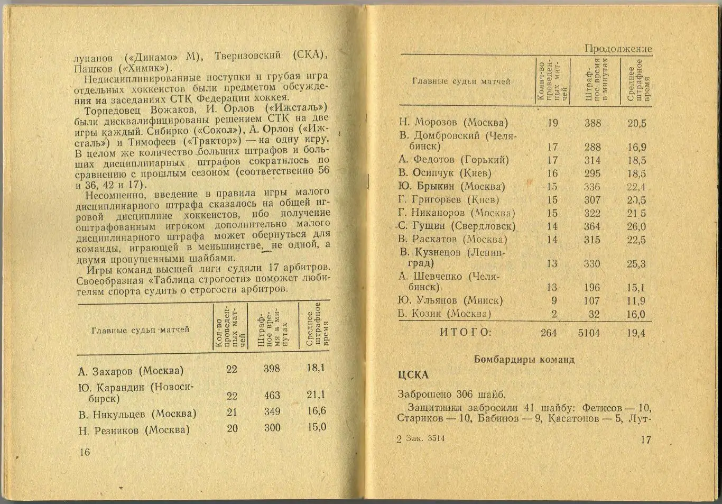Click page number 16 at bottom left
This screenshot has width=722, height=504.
click(85, 452)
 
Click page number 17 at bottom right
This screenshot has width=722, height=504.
click(645, 439)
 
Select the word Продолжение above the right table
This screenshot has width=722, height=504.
click(618, 49)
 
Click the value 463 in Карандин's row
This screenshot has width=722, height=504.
click(272, 396)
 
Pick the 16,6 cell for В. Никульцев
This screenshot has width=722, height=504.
click(316, 411)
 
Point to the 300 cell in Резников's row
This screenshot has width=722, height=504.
click(272, 427)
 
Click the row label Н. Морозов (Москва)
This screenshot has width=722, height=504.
click(453, 123)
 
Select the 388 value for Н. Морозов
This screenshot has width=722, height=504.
click(593, 123)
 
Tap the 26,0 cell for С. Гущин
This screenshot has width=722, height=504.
click(636, 226)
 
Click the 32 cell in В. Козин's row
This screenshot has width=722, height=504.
click(594, 314)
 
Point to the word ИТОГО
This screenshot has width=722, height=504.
click(466, 332)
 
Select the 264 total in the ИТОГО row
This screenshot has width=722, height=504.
click(549, 333)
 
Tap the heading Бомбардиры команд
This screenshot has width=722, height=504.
click(524, 360)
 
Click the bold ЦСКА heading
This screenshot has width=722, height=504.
click(413, 375)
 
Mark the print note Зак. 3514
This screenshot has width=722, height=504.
click(425, 438)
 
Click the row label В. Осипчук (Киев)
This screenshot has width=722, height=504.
click(445, 173)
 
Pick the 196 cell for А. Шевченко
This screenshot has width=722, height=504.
click(592, 288)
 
